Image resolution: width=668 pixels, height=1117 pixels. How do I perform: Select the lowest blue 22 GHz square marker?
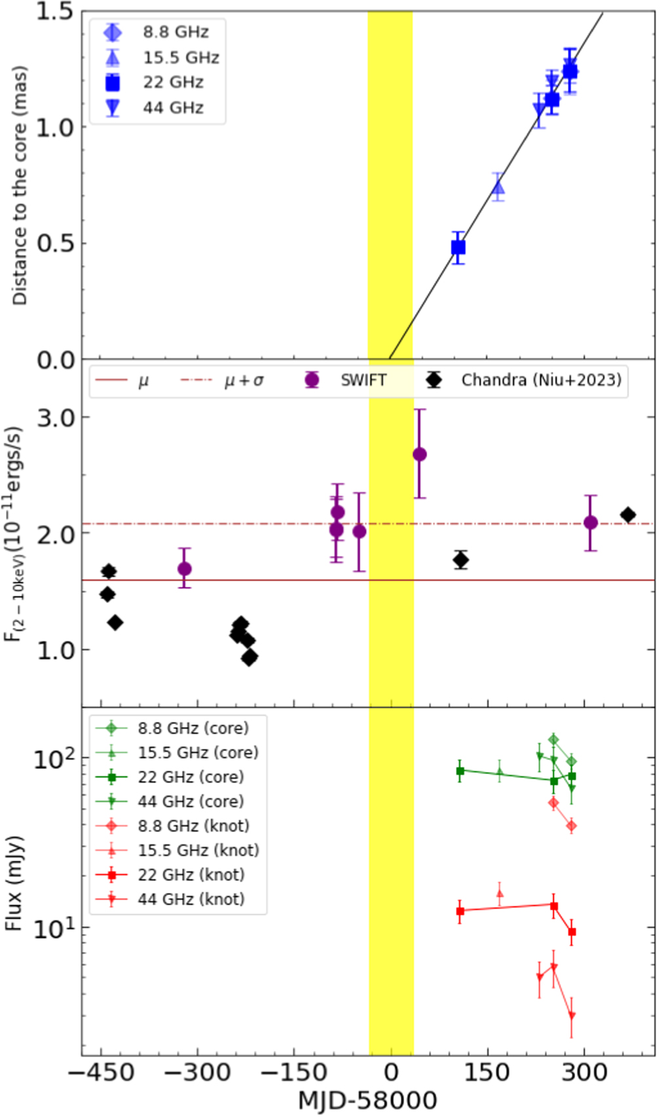point(458,247)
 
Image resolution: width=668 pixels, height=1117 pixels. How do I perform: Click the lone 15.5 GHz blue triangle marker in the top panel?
point(498,189)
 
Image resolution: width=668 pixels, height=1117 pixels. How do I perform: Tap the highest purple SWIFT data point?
point(420,454)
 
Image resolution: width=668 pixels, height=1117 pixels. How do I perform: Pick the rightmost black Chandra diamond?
point(628,515)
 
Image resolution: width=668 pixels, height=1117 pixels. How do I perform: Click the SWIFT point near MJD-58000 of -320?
point(185,568)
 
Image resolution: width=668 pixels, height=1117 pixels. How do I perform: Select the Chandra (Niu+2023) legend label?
point(540,380)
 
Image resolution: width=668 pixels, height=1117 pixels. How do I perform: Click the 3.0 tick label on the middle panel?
point(55,418)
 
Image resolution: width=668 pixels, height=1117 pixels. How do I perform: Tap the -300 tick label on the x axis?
point(196,1072)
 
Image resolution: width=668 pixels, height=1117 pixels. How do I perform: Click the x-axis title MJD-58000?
point(367,1100)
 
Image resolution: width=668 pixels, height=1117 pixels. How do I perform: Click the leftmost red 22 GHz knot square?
point(460,911)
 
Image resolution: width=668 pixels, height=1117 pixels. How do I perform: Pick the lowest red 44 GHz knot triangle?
point(572,1016)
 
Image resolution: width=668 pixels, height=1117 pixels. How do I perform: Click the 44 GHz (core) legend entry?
point(191,801)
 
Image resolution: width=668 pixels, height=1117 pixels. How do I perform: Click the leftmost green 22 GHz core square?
point(460,771)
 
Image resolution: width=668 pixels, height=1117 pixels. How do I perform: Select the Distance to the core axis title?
point(20,185)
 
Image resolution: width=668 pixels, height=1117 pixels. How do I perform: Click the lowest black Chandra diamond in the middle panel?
point(249,657)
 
